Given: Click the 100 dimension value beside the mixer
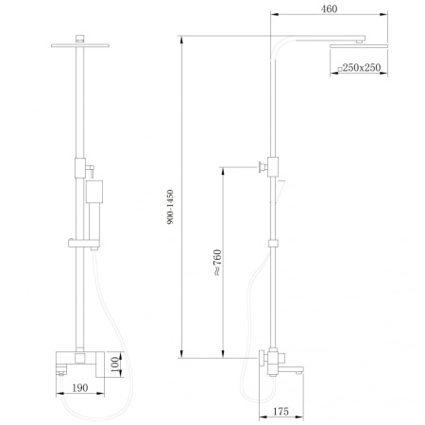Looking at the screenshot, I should [x=113, y=363].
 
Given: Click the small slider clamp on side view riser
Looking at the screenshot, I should [x=274, y=244].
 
